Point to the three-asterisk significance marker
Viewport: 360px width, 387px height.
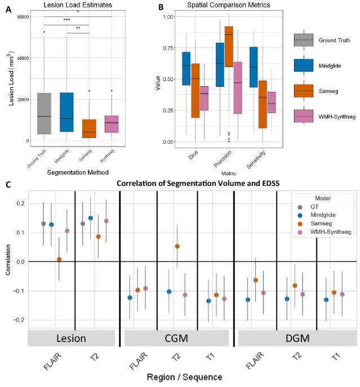66,20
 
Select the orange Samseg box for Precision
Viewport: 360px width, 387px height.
229,46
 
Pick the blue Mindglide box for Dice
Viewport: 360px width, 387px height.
186,68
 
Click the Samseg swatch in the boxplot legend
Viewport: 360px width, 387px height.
304,90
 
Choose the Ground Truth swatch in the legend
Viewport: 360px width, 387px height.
304,41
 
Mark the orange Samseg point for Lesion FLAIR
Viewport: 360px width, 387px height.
59,259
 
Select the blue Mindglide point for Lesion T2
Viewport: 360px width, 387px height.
90,218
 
